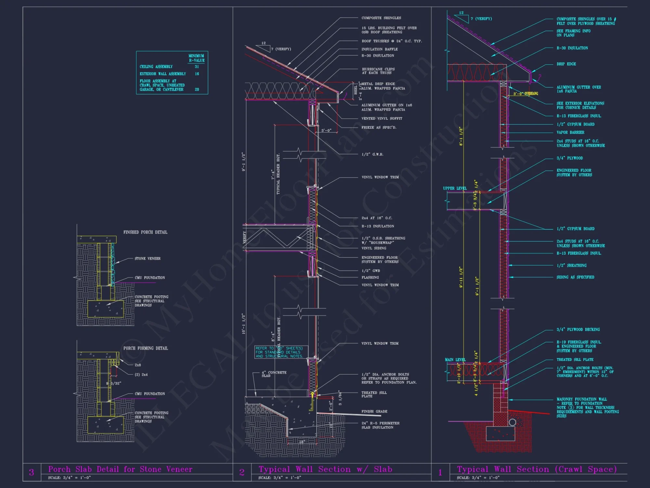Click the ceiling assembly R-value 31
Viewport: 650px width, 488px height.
click(x=197, y=67)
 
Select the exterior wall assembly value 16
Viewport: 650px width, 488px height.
click(x=197, y=74)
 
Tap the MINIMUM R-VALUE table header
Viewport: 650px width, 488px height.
click(x=197, y=58)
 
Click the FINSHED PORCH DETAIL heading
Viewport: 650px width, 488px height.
click(x=145, y=232)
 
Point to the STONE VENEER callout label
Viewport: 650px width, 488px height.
click(x=148, y=259)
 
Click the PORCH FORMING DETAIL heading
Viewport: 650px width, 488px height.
click(x=146, y=348)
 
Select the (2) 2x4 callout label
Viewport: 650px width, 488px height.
click(x=141, y=375)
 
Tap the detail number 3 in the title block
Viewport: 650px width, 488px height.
click(x=32, y=472)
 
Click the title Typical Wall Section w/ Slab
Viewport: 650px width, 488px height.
click(x=325, y=469)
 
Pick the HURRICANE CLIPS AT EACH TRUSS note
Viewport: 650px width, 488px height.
click(x=378, y=71)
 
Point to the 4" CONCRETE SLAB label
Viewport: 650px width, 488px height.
click(x=274, y=374)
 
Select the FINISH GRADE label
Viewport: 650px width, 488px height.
click(x=374, y=412)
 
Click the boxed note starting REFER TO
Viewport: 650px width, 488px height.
click(x=279, y=352)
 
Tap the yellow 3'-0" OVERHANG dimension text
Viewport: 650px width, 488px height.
click(x=526, y=94)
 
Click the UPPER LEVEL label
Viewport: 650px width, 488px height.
click(x=455, y=188)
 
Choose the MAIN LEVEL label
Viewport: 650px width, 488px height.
click(x=455, y=360)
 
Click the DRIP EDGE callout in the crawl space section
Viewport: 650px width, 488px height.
click(x=566, y=64)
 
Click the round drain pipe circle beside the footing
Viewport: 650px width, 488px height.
click(x=513, y=422)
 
